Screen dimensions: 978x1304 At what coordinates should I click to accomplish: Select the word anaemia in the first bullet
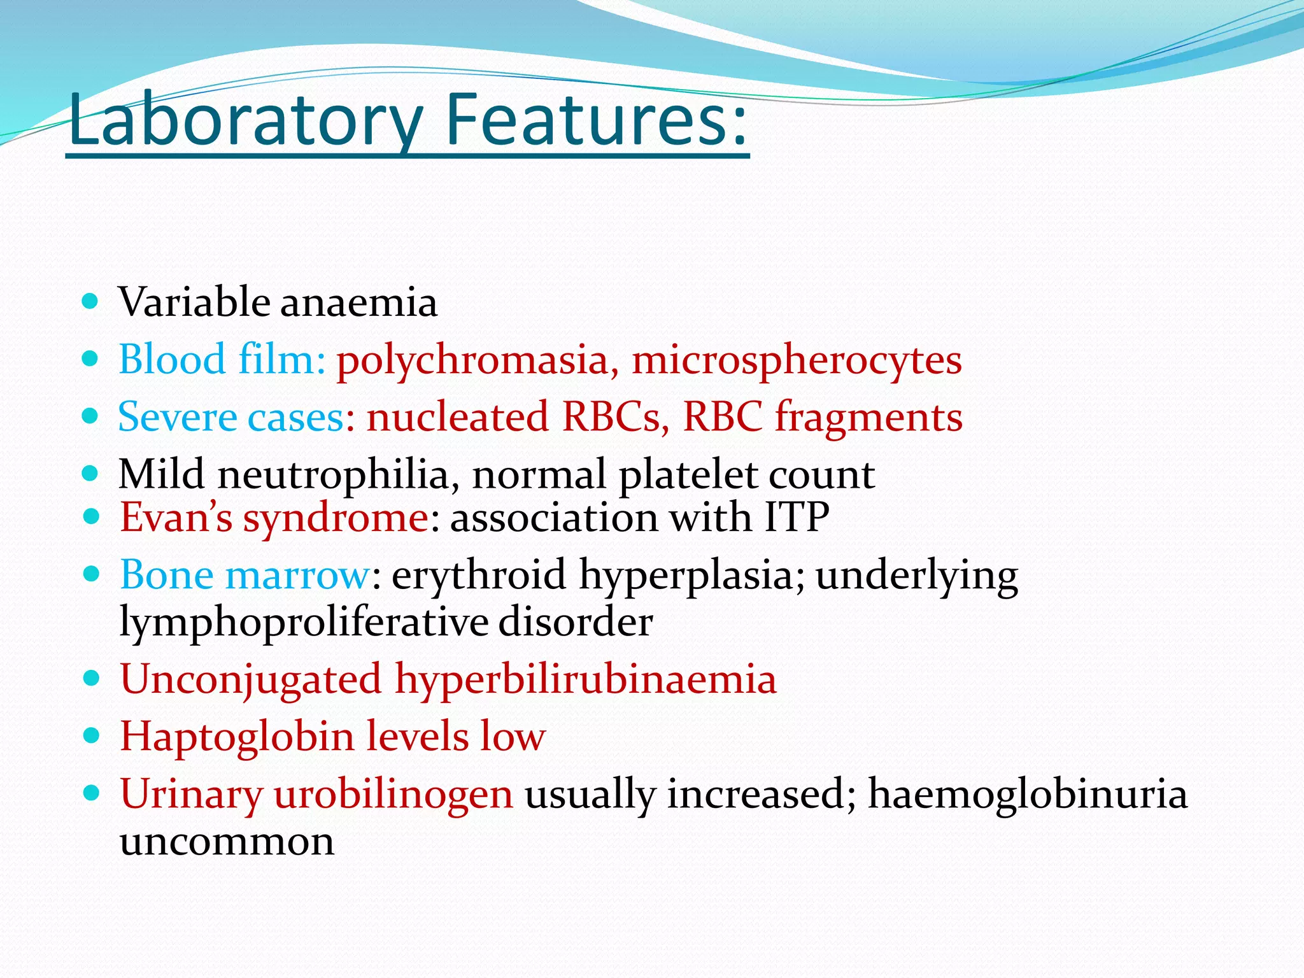(x=358, y=302)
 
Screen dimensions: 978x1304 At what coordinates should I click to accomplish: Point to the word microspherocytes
(x=796, y=360)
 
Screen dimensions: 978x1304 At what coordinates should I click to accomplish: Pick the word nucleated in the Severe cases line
(x=457, y=418)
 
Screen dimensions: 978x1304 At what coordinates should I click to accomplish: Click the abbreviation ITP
(x=797, y=516)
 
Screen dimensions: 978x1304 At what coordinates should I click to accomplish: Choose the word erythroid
(x=478, y=575)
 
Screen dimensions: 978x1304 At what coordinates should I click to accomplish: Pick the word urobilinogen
(x=393, y=795)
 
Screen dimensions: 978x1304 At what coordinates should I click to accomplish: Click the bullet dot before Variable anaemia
(x=91, y=301)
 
